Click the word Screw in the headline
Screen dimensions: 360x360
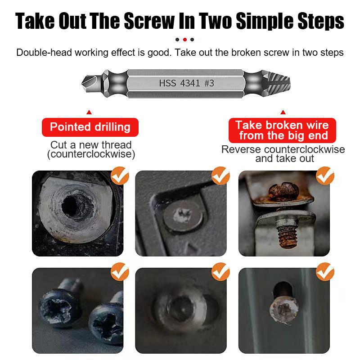pyautogui.click(x=149, y=21)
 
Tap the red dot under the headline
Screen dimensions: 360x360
pyautogui.click(x=185, y=40)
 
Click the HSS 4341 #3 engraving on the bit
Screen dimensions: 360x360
pyautogui.click(x=186, y=83)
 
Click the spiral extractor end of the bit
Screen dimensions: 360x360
pyautogui.click(x=276, y=83)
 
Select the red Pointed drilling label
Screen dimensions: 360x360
pyautogui.click(x=90, y=127)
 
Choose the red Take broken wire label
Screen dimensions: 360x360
pyautogui.click(x=283, y=130)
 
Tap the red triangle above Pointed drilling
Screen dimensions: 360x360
pyautogui.click(x=89, y=112)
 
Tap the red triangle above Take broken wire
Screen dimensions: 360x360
pyautogui.click(x=283, y=112)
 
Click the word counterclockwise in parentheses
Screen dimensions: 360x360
pyautogui.click(x=91, y=154)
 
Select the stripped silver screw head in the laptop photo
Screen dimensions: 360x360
pyautogui.click(x=183, y=218)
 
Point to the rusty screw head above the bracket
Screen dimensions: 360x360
pyautogui.click(x=284, y=192)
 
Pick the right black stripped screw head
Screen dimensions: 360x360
pyautogui.click(x=106, y=324)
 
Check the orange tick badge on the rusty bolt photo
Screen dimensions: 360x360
pyautogui.click(x=325, y=176)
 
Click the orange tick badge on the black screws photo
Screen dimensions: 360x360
pyautogui.click(x=120, y=272)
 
